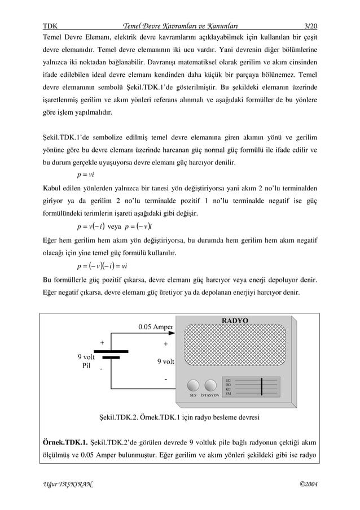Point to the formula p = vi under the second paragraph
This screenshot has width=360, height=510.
pos(85,175)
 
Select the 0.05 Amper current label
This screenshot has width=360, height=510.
pos(156,326)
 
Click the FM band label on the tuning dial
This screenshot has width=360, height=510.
pos(228,393)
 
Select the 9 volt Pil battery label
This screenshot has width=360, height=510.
pos(86,361)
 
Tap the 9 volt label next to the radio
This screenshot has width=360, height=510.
pos(165,361)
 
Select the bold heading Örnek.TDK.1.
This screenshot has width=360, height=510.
pos(65,442)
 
